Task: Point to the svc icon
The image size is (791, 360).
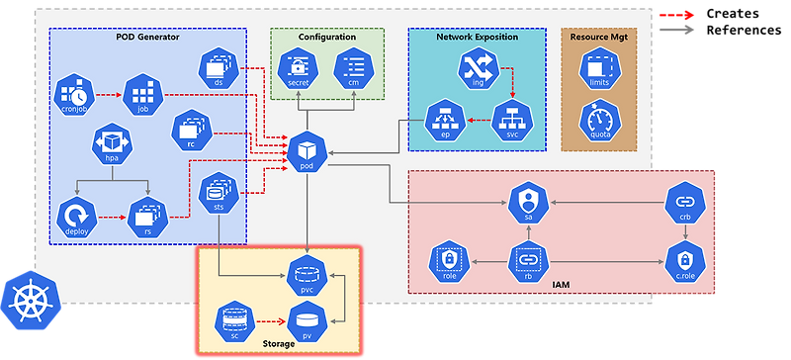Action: [x=511, y=119]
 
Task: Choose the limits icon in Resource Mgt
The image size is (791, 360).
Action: [x=597, y=69]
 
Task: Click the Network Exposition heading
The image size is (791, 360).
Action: [x=476, y=37]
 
